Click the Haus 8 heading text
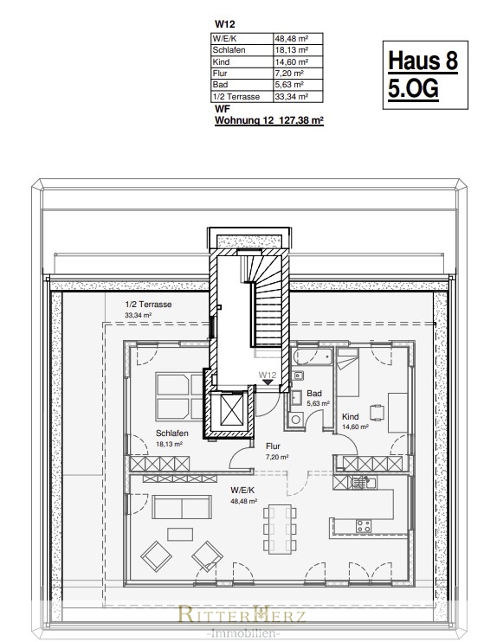(423, 61)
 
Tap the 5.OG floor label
(413, 88)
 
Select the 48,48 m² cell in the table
(292, 39)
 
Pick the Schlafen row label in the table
(229, 50)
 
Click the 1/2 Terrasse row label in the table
(236, 97)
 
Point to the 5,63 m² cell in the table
(289, 85)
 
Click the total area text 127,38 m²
(301, 120)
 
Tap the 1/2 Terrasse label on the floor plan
(148, 305)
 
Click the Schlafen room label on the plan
(172, 433)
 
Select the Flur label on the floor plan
(273, 446)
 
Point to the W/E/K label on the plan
(242, 490)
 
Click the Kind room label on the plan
(351, 417)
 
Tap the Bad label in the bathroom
(314, 394)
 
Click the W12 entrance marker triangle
(268, 382)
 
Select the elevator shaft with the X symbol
(231, 409)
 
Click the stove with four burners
(363, 526)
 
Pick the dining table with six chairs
(280, 529)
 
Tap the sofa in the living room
(182, 507)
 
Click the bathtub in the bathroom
(313, 356)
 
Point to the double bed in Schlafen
(179, 397)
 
